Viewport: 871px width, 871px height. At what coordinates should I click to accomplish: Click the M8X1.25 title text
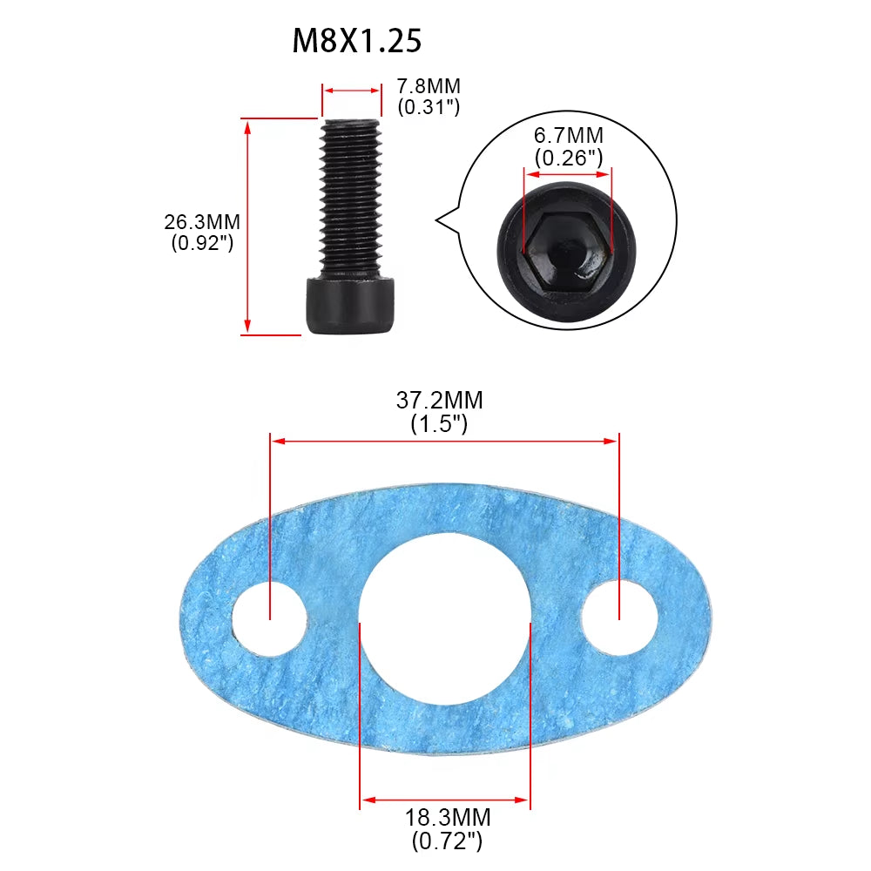pyautogui.click(x=357, y=40)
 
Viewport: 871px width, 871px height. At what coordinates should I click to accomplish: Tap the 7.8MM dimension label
pyautogui.click(x=429, y=87)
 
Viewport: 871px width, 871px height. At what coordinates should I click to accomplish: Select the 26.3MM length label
pyautogui.click(x=202, y=222)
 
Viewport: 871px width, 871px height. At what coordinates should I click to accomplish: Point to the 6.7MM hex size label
pyautogui.click(x=568, y=137)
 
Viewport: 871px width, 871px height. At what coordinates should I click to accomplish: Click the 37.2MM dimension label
pyautogui.click(x=439, y=401)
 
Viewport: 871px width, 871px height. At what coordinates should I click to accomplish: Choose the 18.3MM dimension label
pyautogui.click(x=447, y=819)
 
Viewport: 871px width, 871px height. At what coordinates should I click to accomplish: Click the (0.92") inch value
pyautogui.click(x=202, y=243)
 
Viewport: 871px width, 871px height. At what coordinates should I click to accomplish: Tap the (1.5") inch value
pyautogui.click(x=439, y=424)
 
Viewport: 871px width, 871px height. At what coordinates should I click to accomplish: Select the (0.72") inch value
pyautogui.click(x=447, y=841)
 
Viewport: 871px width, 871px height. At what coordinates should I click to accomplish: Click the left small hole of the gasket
pyautogui.click(x=270, y=618)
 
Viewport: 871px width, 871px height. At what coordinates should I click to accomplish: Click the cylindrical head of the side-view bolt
pyautogui.click(x=351, y=305)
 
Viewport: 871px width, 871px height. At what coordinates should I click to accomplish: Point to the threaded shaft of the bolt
pyautogui.click(x=351, y=196)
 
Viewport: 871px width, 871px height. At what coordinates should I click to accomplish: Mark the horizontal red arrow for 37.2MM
pyautogui.click(x=444, y=442)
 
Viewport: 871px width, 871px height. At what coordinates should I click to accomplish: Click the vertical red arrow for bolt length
pyautogui.click(x=248, y=226)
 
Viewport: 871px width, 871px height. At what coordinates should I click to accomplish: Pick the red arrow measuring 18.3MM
pyautogui.click(x=445, y=800)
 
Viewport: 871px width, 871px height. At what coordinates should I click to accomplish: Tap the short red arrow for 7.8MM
pyautogui.click(x=352, y=89)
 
